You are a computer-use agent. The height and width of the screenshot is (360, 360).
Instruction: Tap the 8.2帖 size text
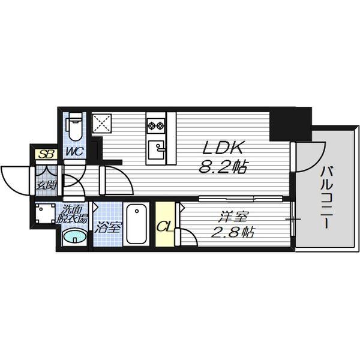click(x=224, y=167)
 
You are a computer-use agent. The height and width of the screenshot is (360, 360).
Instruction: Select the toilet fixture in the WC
click(x=75, y=128)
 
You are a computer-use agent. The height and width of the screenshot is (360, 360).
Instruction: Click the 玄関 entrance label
click(x=46, y=185)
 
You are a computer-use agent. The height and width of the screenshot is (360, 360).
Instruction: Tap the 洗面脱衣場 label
click(x=75, y=215)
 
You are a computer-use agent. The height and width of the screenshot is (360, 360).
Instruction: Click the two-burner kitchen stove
click(x=157, y=125)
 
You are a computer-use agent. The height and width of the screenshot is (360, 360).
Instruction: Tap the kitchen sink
click(x=158, y=148)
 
